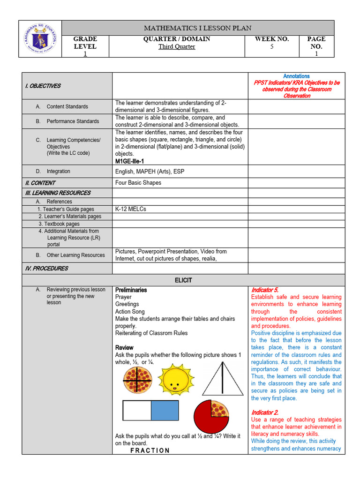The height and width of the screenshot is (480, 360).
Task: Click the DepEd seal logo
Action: [x=40, y=39]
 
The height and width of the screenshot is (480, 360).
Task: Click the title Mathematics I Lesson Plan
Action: [x=198, y=28]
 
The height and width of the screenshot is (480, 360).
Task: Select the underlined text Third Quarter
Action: [x=177, y=47]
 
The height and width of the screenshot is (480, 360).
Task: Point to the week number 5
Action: [x=272, y=47]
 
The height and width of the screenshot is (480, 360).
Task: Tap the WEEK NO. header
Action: [x=272, y=39]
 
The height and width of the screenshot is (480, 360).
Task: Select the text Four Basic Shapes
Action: [x=138, y=183]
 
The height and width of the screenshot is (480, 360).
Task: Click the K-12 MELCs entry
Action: [x=131, y=209]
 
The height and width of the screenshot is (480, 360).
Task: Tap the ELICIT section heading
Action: [x=183, y=280]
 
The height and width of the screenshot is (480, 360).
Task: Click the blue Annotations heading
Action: [x=296, y=76]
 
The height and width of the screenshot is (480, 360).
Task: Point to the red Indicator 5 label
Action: [x=265, y=290]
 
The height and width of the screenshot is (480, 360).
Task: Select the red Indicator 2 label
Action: [x=265, y=412]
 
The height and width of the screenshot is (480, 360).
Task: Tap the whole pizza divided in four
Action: [x=137, y=380]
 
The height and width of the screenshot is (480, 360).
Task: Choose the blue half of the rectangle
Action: [x=165, y=411]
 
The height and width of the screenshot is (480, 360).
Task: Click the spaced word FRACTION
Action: [x=150, y=450]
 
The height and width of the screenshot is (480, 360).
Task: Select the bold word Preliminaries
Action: [x=131, y=290]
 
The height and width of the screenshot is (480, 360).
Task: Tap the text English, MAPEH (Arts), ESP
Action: [x=150, y=172]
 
